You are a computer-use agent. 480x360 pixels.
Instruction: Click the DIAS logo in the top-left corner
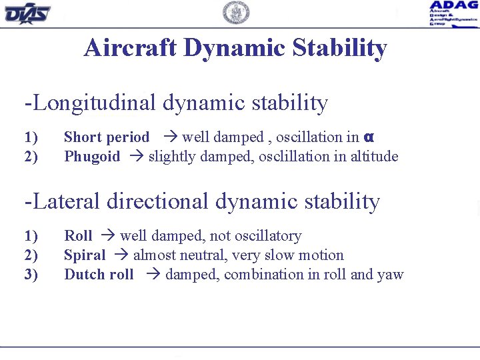tap(27, 13)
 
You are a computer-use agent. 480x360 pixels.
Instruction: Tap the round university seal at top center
tap(236, 13)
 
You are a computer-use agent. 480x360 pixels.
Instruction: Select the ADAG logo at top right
tap(453, 13)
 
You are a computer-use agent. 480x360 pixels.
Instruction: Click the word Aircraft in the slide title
tap(129, 48)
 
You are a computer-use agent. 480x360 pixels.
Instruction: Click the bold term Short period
tap(107, 137)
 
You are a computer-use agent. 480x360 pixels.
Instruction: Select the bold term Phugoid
tap(92, 157)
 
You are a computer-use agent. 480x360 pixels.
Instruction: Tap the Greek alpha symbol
tap(369, 137)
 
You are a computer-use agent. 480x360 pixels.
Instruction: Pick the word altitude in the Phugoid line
tap(374, 157)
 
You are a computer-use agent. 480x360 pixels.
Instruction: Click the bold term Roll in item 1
tap(78, 236)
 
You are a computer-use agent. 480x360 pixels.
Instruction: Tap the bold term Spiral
tap(85, 255)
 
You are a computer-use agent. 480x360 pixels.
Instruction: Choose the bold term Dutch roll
tap(99, 275)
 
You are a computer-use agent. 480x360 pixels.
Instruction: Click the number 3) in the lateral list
tap(31, 275)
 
